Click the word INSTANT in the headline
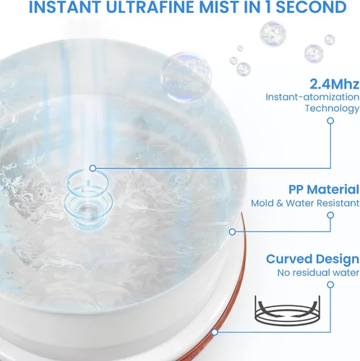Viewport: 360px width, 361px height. pos(65,7)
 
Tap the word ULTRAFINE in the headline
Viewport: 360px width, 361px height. pos(150,7)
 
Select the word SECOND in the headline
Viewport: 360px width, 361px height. pos(311,7)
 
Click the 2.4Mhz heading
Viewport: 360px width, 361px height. pos(334,84)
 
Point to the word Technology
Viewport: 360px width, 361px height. pos(332,108)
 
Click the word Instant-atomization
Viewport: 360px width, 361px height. pos(312,97)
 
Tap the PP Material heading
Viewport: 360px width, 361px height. pos(324,189)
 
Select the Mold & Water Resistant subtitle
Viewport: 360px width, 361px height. pos(305,203)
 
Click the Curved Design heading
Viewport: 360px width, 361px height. pos(312,259)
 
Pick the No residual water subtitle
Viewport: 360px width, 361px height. pos(318,273)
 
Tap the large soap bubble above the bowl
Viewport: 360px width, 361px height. pos(187,77)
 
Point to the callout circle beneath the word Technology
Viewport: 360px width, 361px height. pos(330,121)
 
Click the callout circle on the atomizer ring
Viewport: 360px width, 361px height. pos(93,168)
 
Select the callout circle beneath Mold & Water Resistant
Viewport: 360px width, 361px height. pos(330,215)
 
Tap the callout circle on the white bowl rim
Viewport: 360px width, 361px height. pos(232,232)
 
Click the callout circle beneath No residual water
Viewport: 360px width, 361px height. pos(330,285)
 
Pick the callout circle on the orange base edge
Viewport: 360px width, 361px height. pos(215,332)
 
